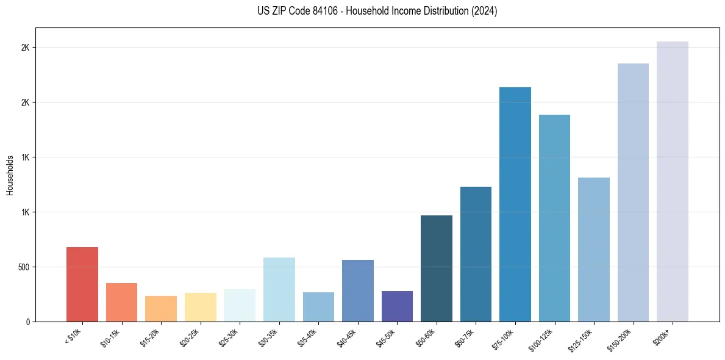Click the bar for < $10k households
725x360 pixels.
[x=82, y=284]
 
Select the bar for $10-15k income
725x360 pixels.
[x=121, y=302]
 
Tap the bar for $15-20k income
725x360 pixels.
[x=161, y=309]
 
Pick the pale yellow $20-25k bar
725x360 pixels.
[x=200, y=307]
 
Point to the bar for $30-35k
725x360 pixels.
[x=279, y=289]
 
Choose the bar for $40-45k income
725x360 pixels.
[x=358, y=290]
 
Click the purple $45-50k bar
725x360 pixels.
[x=397, y=306]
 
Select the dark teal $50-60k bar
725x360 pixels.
[x=437, y=268]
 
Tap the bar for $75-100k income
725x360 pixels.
[x=515, y=204]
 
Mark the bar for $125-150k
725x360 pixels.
[x=594, y=250]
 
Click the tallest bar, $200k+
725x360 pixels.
[x=673, y=181]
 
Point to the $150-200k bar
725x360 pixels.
[x=633, y=192]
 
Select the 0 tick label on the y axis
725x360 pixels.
[x=27, y=322]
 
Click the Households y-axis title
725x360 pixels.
[x=10, y=175]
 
